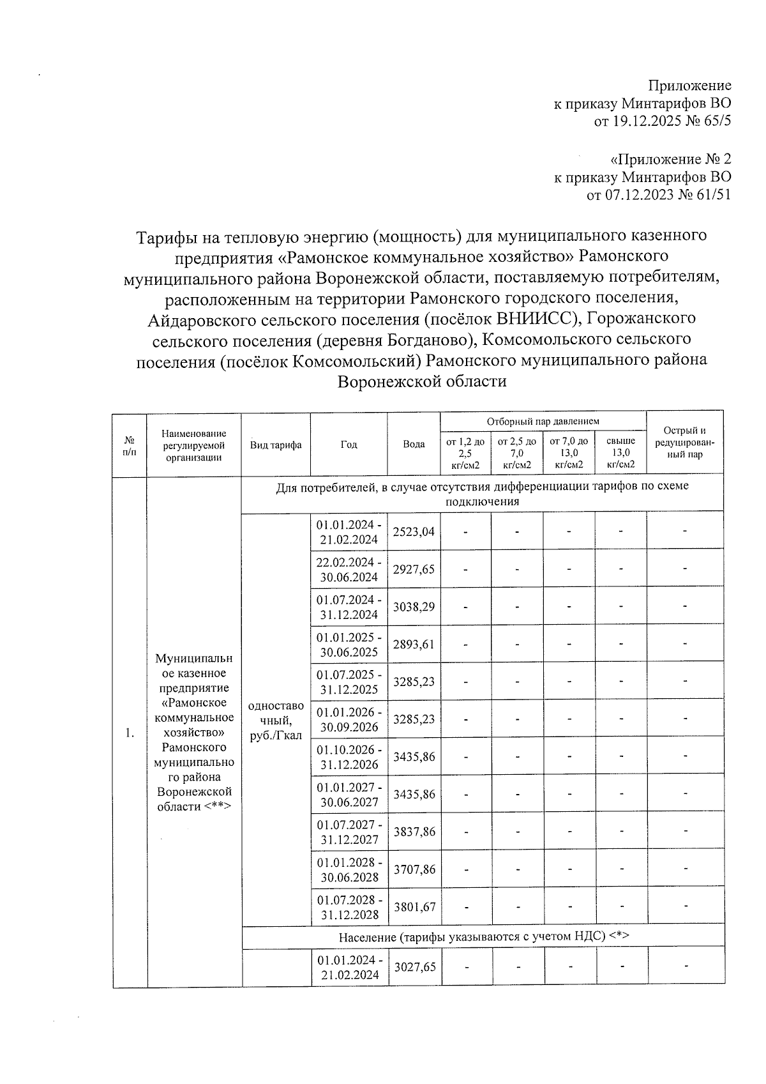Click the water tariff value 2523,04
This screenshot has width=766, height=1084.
click(414, 531)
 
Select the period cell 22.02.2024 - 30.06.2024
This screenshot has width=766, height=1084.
click(349, 569)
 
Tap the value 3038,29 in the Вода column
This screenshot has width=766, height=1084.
click(414, 606)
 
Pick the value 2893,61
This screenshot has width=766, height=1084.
click(414, 644)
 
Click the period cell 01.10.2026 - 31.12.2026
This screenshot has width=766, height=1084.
click(349, 757)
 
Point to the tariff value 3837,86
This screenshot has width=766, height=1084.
click(414, 832)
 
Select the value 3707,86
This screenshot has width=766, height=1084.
click(414, 869)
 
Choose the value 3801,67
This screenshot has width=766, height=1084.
click(414, 906)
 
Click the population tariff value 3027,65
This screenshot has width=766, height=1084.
click(414, 967)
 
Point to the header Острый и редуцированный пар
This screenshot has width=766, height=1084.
click(684, 443)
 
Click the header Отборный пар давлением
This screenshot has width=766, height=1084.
click(543, 422)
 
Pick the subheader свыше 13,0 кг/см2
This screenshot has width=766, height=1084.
click(620, 452)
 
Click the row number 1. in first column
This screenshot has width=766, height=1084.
click(130, 733)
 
